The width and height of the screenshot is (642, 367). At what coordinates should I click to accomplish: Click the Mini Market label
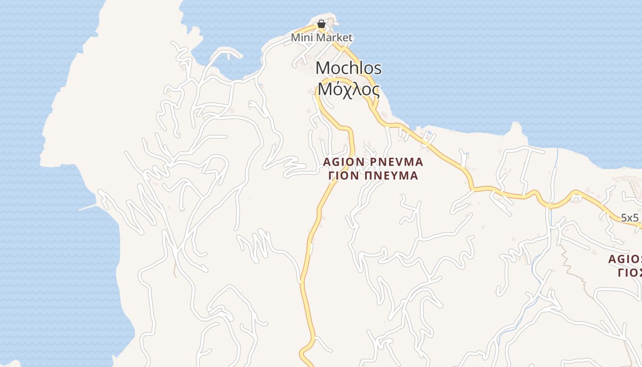[x=321, y=38]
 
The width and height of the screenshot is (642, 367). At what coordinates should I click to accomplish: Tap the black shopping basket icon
[x=321, y=23]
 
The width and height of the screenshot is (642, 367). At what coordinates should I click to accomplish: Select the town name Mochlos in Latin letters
[x=349, y=68]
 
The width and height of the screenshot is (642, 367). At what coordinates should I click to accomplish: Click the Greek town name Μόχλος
[x=349, y=90]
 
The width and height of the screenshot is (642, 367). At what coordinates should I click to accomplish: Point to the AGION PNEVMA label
[x=373, y=162]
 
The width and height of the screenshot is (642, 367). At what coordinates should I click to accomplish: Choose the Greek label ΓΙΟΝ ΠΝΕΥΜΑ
[x=373, y=176]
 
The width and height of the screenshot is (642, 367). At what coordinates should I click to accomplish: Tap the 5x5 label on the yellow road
[x=630, y=217]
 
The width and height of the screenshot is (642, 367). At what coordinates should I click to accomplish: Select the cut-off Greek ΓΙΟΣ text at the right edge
[x=629, y=272]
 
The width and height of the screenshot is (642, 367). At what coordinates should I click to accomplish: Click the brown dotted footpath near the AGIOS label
[x=573, y=271]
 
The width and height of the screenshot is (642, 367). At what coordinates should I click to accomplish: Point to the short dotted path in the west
[x=175, y=270]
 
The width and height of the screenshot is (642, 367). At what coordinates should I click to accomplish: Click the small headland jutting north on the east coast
[x=516, y=128]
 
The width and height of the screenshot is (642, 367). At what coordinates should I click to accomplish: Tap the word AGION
[x=343, y=162]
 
